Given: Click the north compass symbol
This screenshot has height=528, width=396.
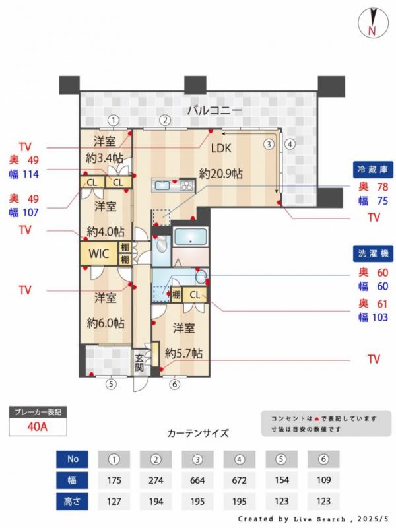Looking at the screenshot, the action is pos(373,22).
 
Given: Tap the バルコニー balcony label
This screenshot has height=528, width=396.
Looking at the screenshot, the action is pos(214,110).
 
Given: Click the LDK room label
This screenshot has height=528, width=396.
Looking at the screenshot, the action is pos(221,148).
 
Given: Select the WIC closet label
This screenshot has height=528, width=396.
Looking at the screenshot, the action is pos(98,253).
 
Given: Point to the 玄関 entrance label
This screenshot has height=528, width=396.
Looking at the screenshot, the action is pos(139,362).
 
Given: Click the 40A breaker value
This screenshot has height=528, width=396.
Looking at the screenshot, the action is pos(38,426).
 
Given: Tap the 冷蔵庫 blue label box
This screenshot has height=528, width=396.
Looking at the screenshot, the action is pos(373,170).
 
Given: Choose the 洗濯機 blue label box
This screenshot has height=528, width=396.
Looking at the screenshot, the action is pos(373,253).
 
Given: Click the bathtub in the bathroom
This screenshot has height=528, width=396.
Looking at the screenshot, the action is pos(190,236).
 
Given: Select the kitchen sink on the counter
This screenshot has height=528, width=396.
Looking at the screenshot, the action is pos(162,185).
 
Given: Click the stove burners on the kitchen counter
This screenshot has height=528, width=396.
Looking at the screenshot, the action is pos(187,185).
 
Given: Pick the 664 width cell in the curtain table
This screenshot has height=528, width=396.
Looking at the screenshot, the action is pos(197,480).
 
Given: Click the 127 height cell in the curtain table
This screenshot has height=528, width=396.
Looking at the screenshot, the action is pos(114,502).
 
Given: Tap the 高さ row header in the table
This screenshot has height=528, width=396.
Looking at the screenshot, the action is pos(72,502).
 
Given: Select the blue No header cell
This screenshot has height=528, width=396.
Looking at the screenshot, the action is pos(72,459).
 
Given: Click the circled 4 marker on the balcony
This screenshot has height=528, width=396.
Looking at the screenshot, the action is pos(290,145).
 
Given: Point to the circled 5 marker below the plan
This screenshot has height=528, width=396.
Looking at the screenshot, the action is pos(111,384).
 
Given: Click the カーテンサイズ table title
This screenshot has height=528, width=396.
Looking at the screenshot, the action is pos(198,433).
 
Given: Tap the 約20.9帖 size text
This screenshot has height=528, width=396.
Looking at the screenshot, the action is pos(220,174).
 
